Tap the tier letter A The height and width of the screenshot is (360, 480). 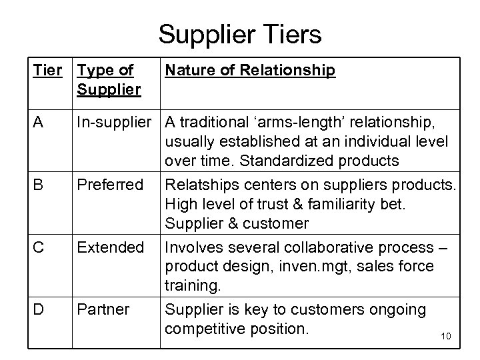pos(39,121)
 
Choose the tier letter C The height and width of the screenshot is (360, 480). pos(39,247)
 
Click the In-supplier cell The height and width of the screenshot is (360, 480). pos(117,121)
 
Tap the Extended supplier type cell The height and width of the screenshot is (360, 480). pos(111,247)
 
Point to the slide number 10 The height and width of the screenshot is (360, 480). pos(446,336)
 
